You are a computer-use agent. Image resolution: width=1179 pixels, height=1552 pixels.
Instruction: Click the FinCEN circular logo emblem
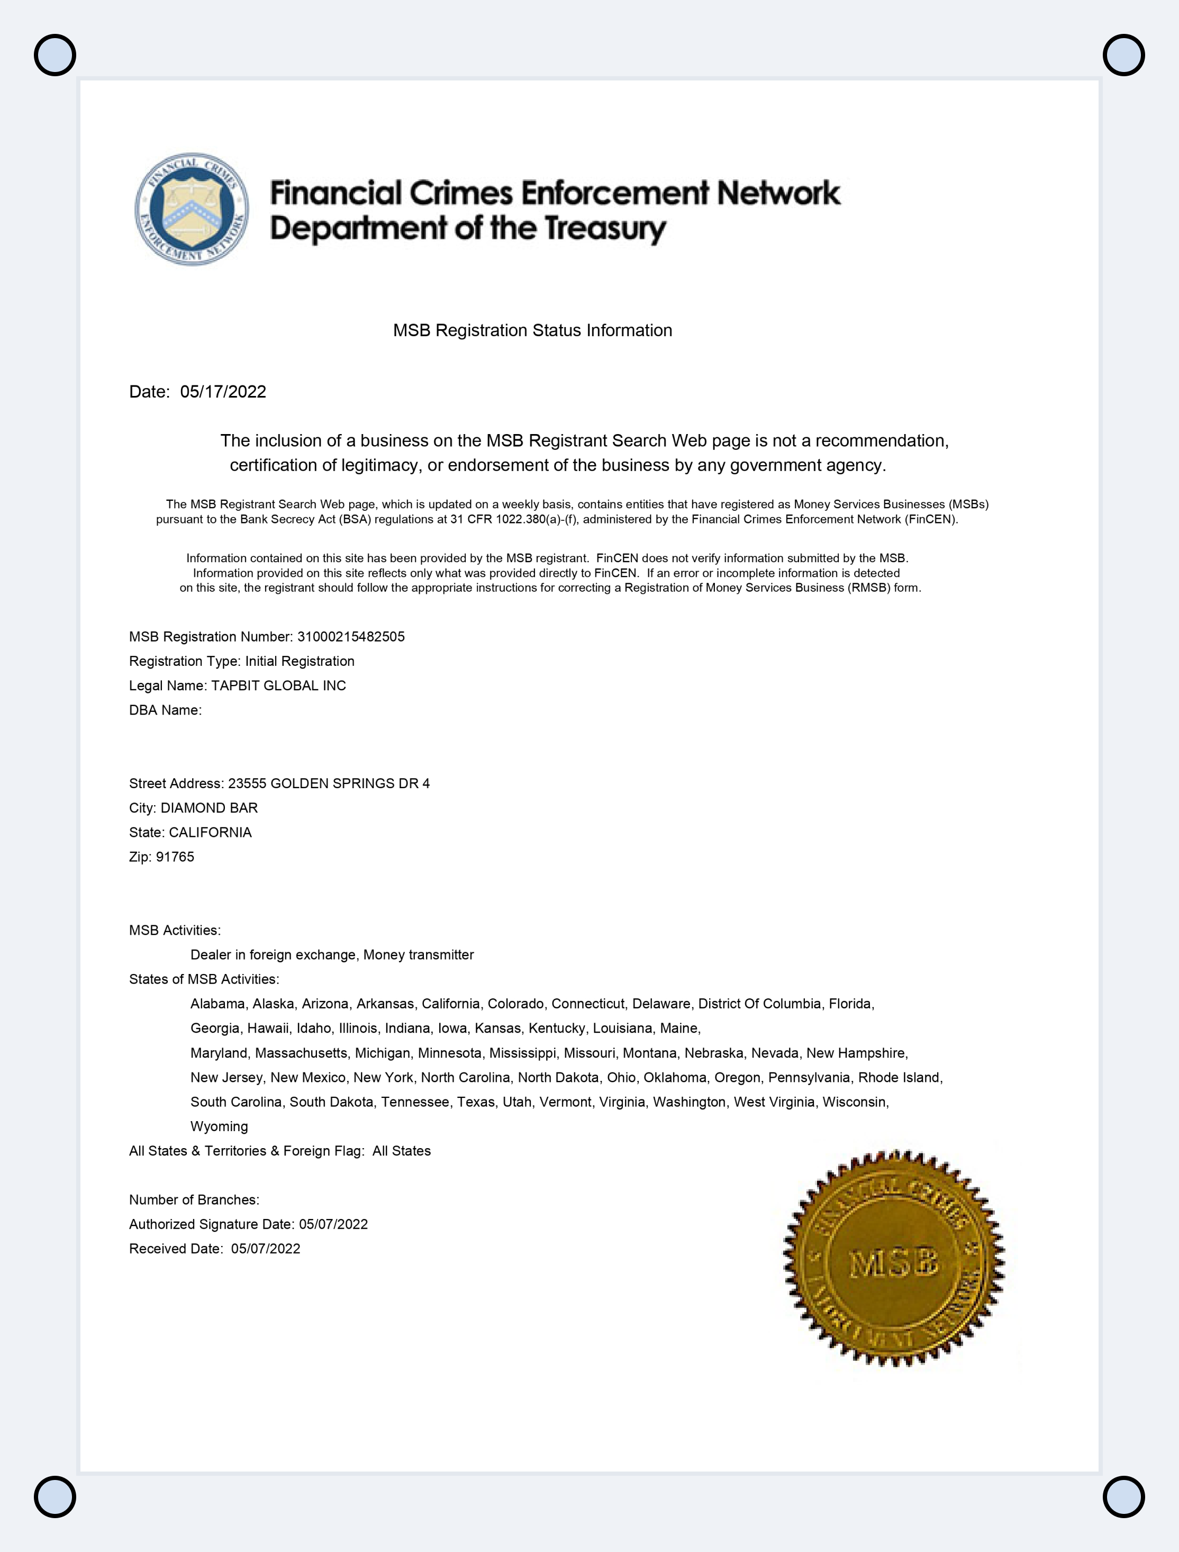[191, 209]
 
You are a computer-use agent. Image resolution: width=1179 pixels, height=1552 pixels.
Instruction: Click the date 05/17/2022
[223, 392]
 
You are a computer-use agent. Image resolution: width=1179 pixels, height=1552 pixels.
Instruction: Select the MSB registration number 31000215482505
[351, 637]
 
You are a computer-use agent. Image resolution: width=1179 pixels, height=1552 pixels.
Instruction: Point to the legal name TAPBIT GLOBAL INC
[278, 686]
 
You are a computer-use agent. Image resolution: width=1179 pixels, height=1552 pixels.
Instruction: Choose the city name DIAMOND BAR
[209, 808]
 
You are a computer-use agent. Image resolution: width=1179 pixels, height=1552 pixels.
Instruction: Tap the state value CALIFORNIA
[210, 833]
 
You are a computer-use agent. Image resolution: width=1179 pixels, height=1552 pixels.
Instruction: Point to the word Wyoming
[219, 1126]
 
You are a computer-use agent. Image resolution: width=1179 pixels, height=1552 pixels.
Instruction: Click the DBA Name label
[165, 710]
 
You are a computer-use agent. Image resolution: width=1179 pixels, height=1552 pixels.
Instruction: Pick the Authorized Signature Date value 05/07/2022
[333, 1224]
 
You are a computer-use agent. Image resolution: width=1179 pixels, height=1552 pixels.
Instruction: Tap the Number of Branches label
[194, 1199]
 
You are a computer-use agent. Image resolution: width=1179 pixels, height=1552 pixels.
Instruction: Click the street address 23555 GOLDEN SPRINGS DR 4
[329, 783]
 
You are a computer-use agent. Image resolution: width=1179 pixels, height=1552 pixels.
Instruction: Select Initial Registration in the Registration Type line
[300, 661]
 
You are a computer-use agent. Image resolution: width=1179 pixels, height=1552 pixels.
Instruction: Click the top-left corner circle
[55, 55]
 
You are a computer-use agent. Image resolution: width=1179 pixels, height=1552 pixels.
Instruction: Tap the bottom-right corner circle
[1123, 1496]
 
